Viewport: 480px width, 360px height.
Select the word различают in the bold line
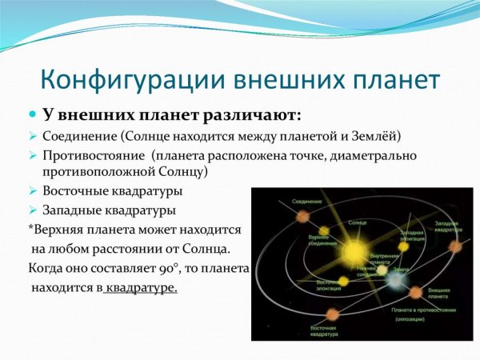(257, 115)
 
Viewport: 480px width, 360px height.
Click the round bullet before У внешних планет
(34, 115)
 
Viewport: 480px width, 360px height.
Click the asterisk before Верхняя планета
(30, 230)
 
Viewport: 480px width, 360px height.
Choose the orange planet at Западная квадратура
(455, 246)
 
